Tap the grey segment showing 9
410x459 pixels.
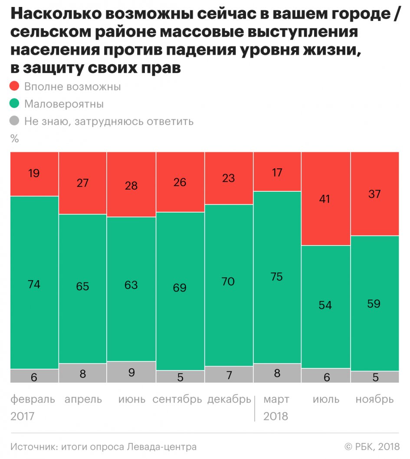pyautogui.click(x=131, y=372)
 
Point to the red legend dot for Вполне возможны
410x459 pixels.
pyautogui.click(x=15, y=86)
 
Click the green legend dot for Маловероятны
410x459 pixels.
pyautogui.click(x=15, y=104)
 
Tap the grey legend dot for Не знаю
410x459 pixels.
pyautogui.click(x=15, y=121)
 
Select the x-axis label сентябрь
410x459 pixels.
pyautogui.click(x=177, y=399)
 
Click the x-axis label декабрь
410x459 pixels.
pyautogui.click(x=229, y=399)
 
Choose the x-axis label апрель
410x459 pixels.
pyautogui.click(x=83, y=399)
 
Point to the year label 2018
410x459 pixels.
pyautogui.click(x=276, y=416)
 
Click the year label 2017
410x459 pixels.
pyautogui.click(x=23, y=416)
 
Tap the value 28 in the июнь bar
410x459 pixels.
pyautogui.click(x=131, y=186)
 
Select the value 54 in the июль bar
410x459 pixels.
pyautogui.click(x=325, y=305)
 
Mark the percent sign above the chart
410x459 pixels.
pyautogui.click(x=15, y=139)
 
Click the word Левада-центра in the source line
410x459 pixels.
pyautogui.click(x=162, y=446)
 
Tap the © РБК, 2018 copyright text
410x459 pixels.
pyautogui.click(x=371, y=446)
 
